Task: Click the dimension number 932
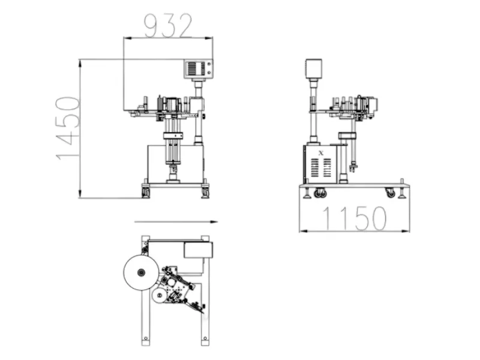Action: (x=168, y=26)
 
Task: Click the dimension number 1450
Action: (x=68, y=128)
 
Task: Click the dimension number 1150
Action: (x=355, y=218)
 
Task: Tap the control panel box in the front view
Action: (x=199, y=68)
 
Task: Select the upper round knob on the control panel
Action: (x=209, y=64)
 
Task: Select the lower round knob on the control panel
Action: (x=209, y=73)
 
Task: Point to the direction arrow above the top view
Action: (x=176, y=222)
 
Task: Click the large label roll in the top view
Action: (x=141, y=272)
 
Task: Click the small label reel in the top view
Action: (x=159, y=295)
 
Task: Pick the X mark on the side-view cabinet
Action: (x=321, y=153)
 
